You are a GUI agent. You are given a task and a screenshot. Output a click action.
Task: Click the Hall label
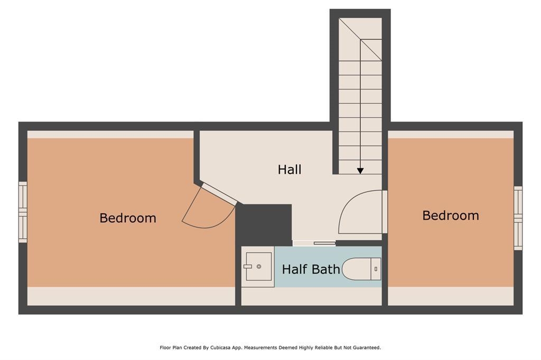pos(290,169)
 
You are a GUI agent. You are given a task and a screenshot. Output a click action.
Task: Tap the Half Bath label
pos(311,269)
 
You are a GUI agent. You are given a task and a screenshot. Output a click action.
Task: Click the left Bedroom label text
pos(128,218)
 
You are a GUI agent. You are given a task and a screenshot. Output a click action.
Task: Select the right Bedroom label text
pos(451,215)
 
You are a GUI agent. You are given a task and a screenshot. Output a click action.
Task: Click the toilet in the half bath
pos(361,269)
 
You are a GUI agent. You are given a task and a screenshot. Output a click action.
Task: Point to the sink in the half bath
pos(258,267)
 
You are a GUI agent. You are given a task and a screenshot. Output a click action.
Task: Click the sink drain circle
pos(259,267)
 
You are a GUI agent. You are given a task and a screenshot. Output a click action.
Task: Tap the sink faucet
pos(248,267)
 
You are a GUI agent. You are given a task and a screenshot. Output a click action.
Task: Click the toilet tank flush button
pos(376,269)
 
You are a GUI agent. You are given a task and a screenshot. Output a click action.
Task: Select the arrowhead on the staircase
pos(360,170)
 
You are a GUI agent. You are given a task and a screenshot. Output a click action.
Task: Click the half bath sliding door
pos(314,243)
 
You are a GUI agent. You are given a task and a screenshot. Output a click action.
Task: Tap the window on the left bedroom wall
pos(23,212)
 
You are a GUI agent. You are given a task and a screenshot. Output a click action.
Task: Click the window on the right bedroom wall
pos(518,218)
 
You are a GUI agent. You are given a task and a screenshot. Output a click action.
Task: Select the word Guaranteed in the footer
pos(365,347)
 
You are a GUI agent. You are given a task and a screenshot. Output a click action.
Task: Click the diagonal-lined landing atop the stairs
pos(360,39)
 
